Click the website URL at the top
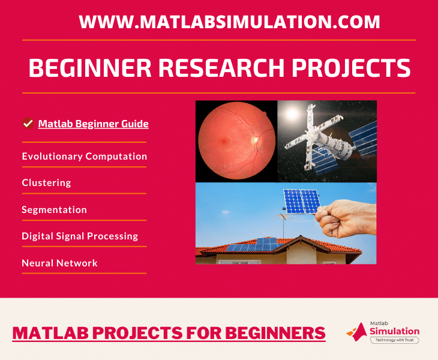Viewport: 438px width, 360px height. click(229, 22)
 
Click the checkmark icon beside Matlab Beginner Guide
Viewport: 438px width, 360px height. click(28, 124)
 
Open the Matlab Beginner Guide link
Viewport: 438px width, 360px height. click(94, 124)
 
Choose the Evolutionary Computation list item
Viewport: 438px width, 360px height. click(85, 157)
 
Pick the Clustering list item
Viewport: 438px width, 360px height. click(46, 182)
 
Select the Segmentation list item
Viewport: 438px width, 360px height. click(55, 210)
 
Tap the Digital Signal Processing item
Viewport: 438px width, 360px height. click(80, 236)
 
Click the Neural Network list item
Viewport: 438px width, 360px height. click(59, 263)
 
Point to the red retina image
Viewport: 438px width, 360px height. click(236, 141)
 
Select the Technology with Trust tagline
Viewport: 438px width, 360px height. click(394, 340)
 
